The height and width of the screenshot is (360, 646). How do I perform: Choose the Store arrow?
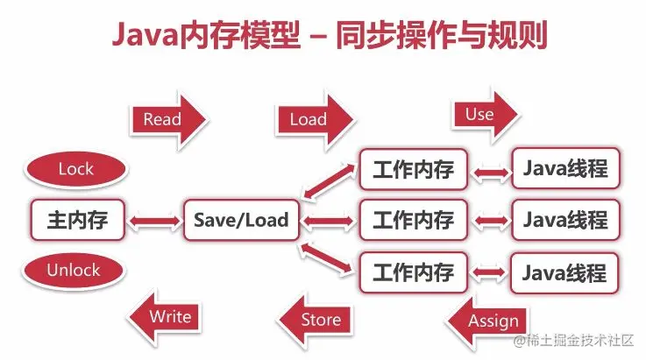[x=315, y=320]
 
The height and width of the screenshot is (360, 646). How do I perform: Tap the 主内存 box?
[x=77, y=220]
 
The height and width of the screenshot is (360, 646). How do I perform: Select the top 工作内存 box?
[x=413, y=169]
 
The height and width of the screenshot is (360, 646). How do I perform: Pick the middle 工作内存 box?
[x=413, y=220]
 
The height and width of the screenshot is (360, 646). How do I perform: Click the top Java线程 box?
[x=565, y=168]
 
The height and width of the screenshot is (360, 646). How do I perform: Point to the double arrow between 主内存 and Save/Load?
[x=154, y=220]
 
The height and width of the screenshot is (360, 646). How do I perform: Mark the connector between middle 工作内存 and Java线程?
[x=490, y=220]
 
